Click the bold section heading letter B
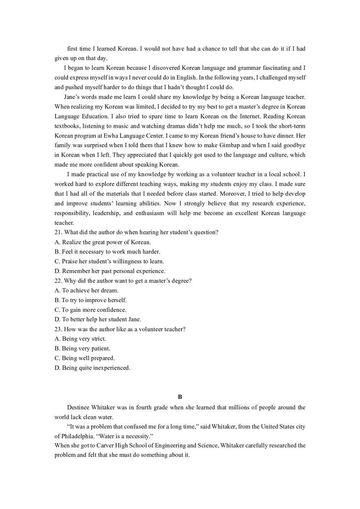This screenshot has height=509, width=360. pyautogui.click(x=180, y=397)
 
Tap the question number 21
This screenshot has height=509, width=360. pyautogui.click(x=58, y=233)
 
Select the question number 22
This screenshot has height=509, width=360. pyautogui.click(x=58, y=281)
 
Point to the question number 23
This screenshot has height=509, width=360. pyautogui.click(x=58, y=329)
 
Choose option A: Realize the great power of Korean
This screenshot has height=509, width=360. pyautogui.click(x=103, y=242)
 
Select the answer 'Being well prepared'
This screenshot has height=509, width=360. pyautogui.click(x=85, y=358)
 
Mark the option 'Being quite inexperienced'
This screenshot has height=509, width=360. pyautogui.click(x=92, y=368)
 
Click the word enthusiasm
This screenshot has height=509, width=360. pyautogui.click(x=149, y=213)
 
